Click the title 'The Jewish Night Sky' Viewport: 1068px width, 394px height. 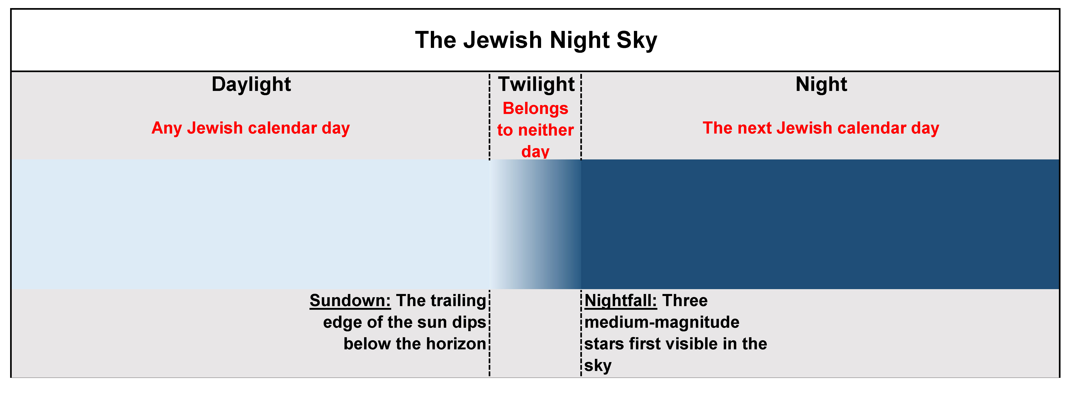[536, 40]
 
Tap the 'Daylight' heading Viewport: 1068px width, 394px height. [251, 84]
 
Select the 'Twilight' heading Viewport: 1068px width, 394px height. [536, 84]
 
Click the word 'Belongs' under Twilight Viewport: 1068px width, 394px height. [535, 109]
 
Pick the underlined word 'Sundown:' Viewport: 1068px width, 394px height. [350, 300]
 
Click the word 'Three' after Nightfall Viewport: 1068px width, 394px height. [685, 300]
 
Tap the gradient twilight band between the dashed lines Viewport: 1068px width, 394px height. [535, 224]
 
